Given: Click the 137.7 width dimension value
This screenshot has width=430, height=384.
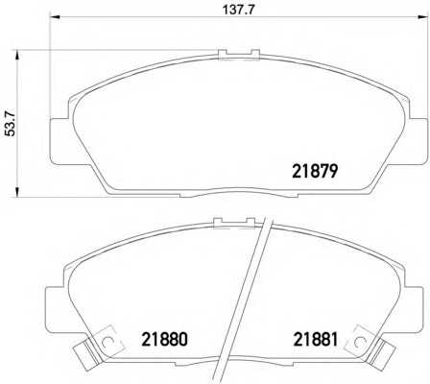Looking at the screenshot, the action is pyautogui.click(x=238, y=10).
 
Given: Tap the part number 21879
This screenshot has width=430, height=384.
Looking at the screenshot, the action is pyautogui.click(x=315, y=171).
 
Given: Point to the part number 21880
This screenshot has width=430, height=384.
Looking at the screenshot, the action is pyautogui.click(x=164, y=339).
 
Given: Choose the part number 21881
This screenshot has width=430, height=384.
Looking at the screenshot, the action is pyautogui.click(x=316, y=339).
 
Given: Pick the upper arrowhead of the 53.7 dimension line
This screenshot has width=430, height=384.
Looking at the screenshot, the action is pyautogui.click(x=17, y=55).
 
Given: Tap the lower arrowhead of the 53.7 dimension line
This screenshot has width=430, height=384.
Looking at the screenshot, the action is pyautogui.click(x=17, y=191).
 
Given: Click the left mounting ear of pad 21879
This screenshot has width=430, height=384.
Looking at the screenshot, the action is pyautogui.click(x=60, y=142).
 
